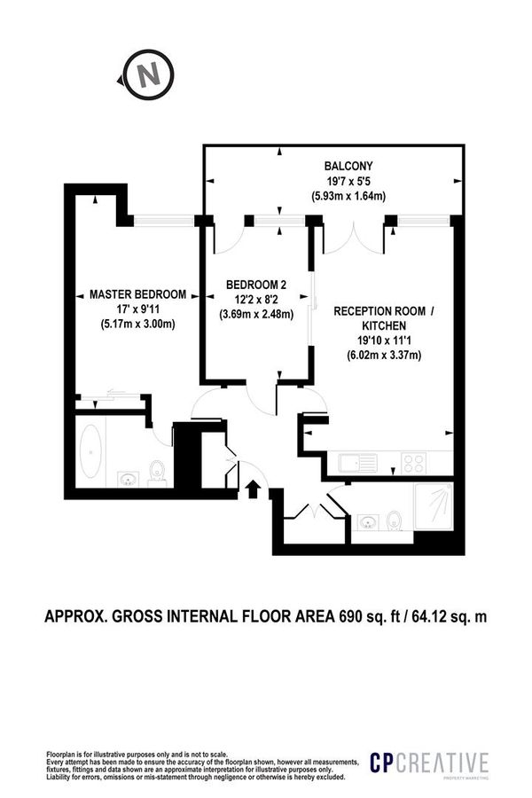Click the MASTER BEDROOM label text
click(137, 294)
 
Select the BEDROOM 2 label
click(256, 285)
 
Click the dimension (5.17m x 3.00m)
click(137, 324)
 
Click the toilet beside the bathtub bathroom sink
click(158, 469)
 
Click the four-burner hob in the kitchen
click(414, 462)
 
